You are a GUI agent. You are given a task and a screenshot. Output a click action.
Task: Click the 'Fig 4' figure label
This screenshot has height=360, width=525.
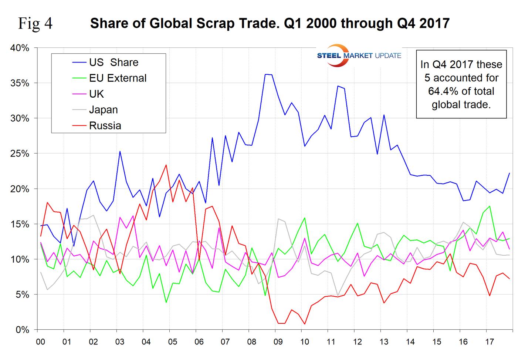[35, 24]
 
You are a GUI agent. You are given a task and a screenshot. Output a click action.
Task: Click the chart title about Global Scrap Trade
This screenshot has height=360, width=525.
[270, 23]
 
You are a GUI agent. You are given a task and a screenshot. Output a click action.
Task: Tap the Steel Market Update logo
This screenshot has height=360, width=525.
[358, 56]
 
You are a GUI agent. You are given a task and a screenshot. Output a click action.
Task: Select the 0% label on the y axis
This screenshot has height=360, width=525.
[23, 330]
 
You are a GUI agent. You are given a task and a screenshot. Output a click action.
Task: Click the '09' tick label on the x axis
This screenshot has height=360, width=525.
[278, 342]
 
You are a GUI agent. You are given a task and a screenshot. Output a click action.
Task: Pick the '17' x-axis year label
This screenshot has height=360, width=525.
[490, 342]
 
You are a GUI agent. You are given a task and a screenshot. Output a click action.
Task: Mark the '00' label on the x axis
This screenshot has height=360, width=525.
[40, 342]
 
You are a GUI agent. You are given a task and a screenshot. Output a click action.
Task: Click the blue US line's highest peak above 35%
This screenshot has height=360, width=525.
[266, 74]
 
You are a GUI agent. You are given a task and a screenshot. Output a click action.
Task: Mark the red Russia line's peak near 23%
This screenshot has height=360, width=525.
[166, 165]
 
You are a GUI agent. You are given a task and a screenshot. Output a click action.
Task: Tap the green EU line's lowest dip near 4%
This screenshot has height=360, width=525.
[166, 302]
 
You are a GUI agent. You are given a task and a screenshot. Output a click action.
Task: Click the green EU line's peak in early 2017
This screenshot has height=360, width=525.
[490, 206]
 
